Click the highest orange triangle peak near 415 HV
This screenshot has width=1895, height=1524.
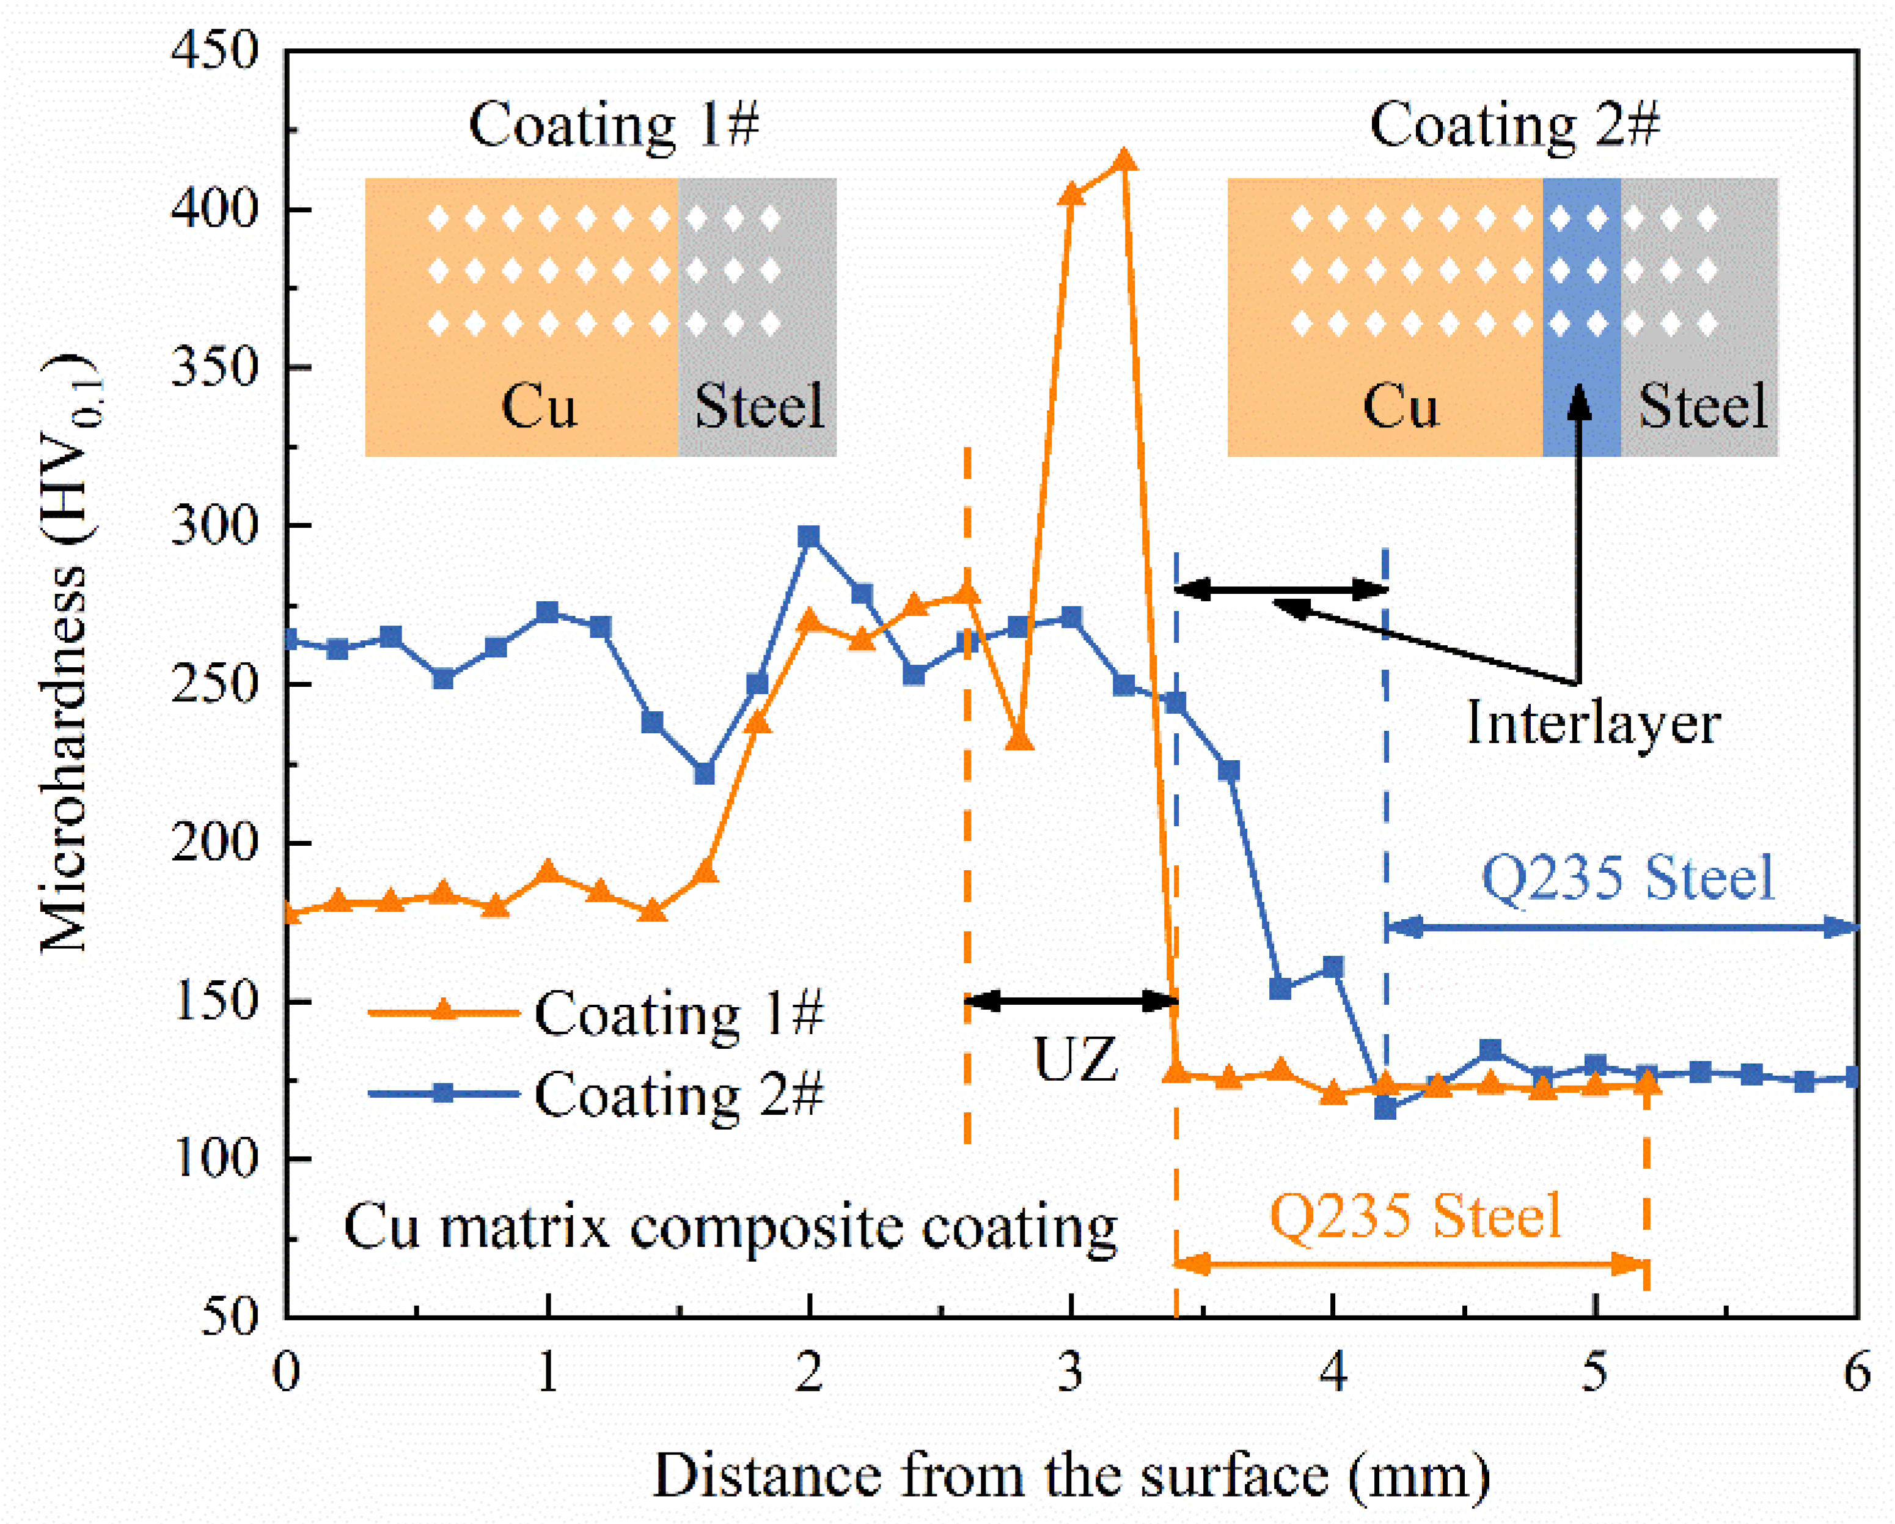point(1123,161)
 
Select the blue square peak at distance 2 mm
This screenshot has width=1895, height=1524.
point(808,536)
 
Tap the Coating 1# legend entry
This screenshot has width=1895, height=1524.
point(677,1013)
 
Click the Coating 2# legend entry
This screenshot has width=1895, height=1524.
point(677,1094)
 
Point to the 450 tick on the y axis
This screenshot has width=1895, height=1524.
point(214,50)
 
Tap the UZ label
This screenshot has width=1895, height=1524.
point(1075,1060)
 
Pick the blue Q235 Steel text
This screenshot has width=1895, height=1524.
point(1628,878)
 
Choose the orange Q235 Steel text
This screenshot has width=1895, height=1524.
point(1415,1216)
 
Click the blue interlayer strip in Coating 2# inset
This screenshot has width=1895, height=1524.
point(1582,317)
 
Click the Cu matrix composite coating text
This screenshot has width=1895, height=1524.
point(730,1227)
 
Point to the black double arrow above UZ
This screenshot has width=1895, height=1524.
point(1071,1001)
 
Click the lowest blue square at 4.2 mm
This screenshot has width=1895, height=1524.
point(1385,1109)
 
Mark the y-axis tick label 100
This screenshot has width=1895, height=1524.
point(214,1158)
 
